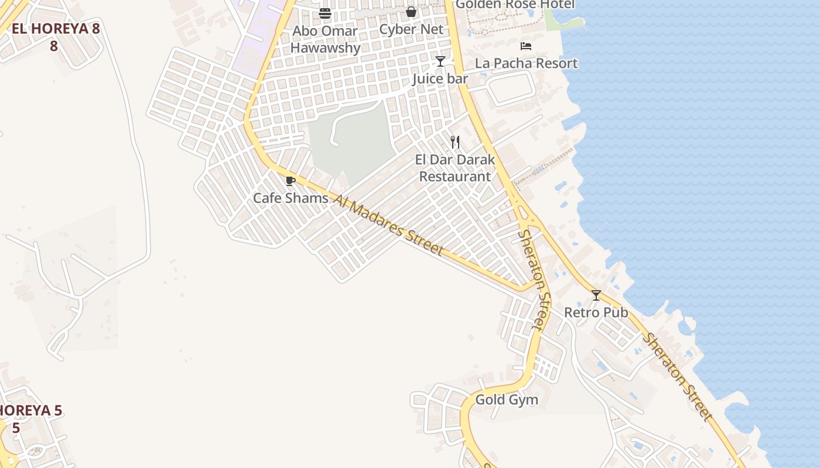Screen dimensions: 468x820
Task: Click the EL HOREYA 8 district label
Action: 56,29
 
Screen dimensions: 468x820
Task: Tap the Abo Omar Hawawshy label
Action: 325,39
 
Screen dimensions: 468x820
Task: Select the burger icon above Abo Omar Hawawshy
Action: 325,13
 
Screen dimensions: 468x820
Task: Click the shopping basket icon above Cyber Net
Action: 411,12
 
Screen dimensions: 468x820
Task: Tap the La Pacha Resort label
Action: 526,63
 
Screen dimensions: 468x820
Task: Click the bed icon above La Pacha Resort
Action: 526,46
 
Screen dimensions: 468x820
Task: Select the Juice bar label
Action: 440,78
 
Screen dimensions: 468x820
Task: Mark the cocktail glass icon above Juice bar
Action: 440,61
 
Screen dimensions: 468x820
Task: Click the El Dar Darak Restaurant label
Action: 455,168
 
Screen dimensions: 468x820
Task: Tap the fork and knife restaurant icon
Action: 455,142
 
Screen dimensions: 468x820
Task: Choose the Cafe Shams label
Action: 291,198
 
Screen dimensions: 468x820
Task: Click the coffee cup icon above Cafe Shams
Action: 290,181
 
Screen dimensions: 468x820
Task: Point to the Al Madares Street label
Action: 388,225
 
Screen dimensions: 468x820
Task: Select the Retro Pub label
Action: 596,312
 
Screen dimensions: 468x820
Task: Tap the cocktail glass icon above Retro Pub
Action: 596,295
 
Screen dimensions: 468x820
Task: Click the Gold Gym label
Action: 506,400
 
